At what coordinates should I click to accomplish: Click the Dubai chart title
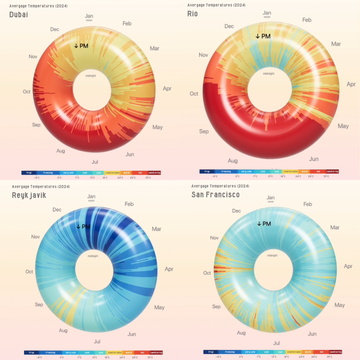tap(19, 14)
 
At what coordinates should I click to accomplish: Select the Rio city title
tap(192, 13)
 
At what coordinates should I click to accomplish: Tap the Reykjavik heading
tap(29, 195)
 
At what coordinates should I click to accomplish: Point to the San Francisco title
tap(215, 194)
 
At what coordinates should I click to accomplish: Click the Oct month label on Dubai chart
tap(27, 92)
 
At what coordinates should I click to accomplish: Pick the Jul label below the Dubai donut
tap(95, 162)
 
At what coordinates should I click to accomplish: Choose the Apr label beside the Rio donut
tap(351, 84)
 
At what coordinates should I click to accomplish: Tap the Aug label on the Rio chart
tap(233, 161)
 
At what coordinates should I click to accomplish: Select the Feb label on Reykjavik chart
tap(129, 204)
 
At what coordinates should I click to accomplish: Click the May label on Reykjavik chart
tap(159, 307)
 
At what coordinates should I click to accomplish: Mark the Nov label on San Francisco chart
tap(214, 238)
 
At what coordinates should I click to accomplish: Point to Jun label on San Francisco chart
tap(312, 334)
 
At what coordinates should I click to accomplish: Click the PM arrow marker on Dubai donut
tap(82, 46)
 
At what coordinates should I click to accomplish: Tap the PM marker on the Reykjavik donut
tap(83, 227)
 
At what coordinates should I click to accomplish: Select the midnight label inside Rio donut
tap(268, 74)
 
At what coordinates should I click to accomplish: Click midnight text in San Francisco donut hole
tap(273, 255)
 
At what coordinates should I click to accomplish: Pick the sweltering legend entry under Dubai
tap(154, 173)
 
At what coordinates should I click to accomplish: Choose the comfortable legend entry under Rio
tap(290, 171)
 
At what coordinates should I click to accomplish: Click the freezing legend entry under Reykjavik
tap(50, 352)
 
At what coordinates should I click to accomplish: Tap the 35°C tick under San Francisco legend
tap(329, 357)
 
